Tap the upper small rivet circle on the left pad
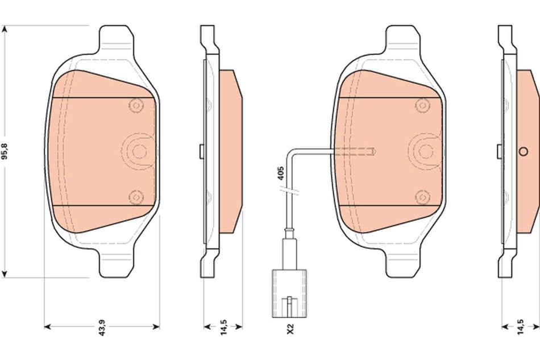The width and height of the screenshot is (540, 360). click(x=135, y=105)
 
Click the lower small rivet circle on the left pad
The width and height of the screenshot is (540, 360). click(x=135, y=197)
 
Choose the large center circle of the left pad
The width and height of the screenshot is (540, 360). click(x=137, y=150)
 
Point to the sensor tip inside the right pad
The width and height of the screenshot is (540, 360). click(x=372, y=151)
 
